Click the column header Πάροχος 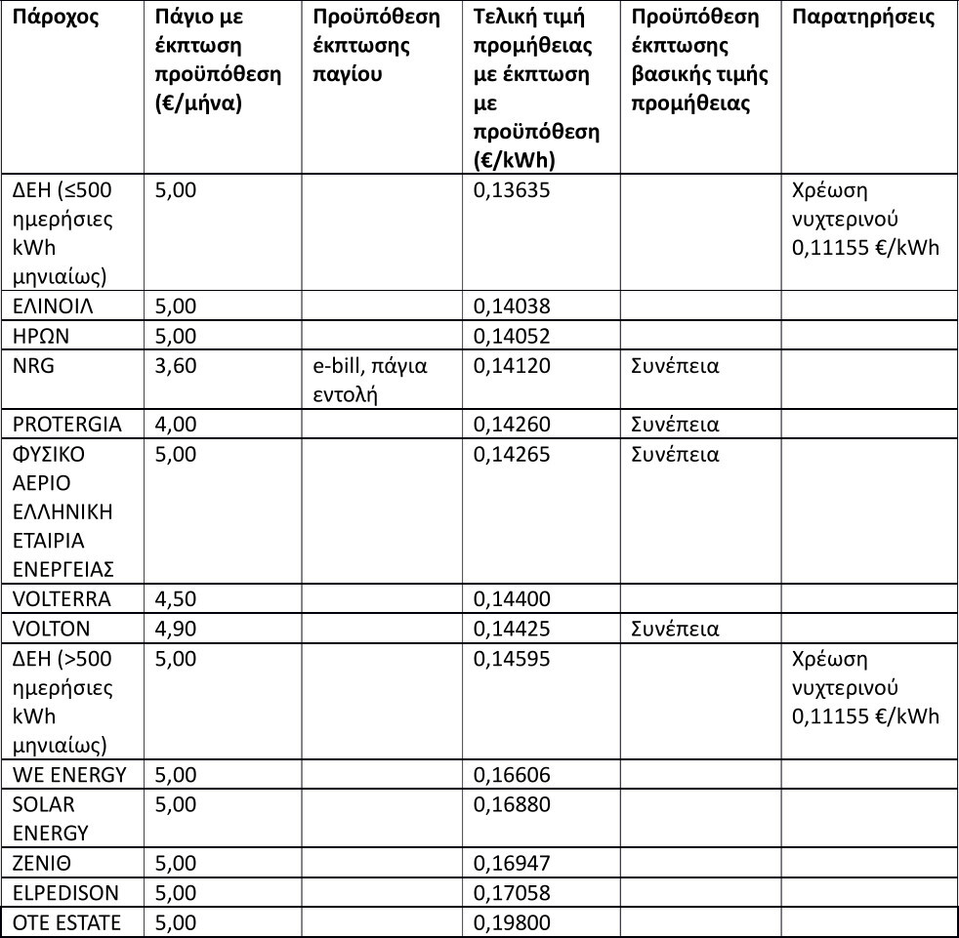click(x=56, y=18)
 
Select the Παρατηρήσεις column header click(x=862, y=18)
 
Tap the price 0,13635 click(x=512, y=190)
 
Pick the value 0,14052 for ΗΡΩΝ click(x=512, y=336)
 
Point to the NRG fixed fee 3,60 click(x=176, y=366)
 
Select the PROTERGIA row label click(x=67, y=425)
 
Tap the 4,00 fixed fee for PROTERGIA click(x=176, y=425)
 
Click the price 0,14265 click(x=512, y=454)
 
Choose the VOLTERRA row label click(x=62, y=599)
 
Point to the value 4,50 click(x=176, y=599)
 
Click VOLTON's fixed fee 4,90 click(x=176, y=629)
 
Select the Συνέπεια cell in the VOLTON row click(x=675, y=629)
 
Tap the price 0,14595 click(x=512, y=659)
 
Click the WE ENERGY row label click(x=69, y=775)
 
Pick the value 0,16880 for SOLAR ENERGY click(x=512, y=804)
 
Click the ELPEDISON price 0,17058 click(x=512, y=892)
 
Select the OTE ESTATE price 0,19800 click(x=512, y=922)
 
